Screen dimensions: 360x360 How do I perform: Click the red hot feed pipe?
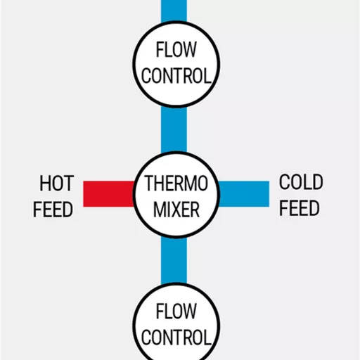[108, 194]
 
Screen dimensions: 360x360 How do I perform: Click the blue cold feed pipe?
[243, 194]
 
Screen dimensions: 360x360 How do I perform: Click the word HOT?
[57, 184]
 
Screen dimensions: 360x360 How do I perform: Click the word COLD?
[301, 182]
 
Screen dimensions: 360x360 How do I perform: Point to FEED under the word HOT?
[53, 210]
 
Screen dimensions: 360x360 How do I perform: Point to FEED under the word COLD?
[300, 208]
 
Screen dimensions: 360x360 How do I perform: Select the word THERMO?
[176, 184]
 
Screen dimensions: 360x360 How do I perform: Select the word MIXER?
[176, 210]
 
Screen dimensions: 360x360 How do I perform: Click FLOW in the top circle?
[176, 49]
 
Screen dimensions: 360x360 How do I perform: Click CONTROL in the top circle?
[176, 76]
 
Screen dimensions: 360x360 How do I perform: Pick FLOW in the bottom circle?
[176, 311]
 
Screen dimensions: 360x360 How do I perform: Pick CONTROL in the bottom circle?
[176, 337]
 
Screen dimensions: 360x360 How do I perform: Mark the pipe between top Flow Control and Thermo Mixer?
[174, 129]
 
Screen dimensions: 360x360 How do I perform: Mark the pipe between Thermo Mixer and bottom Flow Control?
[174, 261]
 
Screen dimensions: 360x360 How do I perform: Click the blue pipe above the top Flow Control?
[174, 11]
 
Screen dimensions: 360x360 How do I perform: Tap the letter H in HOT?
[45, 184]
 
